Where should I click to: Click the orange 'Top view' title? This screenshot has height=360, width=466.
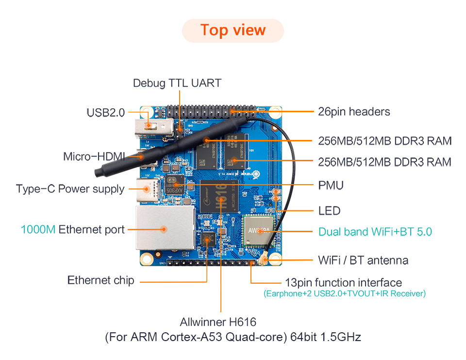[233, 30]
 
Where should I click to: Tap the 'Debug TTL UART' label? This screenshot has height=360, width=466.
[177, 83]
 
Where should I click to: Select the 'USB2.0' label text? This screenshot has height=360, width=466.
[106, 113]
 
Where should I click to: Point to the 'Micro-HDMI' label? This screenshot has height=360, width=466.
[94, 157]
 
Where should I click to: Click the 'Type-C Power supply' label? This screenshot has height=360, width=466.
[70, 189]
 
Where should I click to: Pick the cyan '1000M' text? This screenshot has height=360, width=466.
[38, 229]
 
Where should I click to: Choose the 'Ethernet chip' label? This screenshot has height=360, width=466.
[100, 280]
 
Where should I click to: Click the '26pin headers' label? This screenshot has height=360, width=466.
[354, 112]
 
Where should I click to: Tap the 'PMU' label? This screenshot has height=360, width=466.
[331, 186]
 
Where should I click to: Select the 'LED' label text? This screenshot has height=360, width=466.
[329, 211]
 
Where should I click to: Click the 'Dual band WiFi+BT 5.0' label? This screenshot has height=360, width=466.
[375, 232]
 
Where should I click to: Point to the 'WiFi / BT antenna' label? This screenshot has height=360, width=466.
[363, 260]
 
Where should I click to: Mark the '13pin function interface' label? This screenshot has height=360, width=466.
[343, 283]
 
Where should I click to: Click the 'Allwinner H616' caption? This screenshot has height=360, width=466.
[218, 322]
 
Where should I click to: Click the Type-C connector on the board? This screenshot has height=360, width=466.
[148, 188]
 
